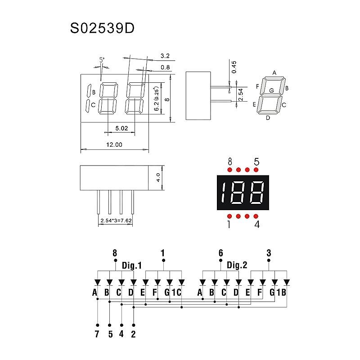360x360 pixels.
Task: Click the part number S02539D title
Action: tap(102, 28)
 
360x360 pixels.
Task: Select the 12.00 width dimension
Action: tap(114, 144)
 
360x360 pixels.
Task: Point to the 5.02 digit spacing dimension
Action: tap(121, 128)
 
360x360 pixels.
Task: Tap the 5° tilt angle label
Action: tap(102, 60)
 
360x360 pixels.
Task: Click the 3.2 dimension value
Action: tap(165, 56)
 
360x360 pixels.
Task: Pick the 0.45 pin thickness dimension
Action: tap(234, 67)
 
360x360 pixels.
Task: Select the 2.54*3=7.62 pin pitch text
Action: tap(116, 220)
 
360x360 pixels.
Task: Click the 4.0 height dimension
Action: tap(158, 177)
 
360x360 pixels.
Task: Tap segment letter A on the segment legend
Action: tap(274, 73)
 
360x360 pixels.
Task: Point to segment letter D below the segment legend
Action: tap(268, 118)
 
